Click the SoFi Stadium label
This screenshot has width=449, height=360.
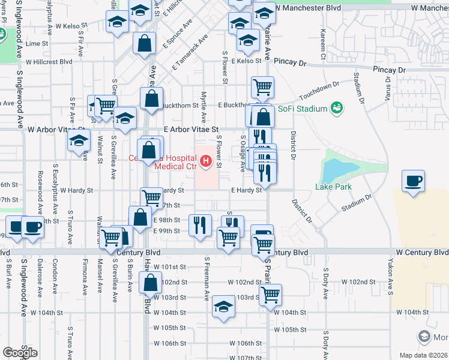303,109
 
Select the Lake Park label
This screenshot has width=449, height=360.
332,187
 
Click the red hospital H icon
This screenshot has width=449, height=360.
206,161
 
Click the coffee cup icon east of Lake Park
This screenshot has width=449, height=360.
414,182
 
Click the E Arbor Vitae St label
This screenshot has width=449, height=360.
190,129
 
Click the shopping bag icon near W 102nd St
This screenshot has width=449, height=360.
151,282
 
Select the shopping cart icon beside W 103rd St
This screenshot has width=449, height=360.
271,295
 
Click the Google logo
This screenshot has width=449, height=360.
20,353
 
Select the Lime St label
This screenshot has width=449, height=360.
37,44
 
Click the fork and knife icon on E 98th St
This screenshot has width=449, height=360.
200,224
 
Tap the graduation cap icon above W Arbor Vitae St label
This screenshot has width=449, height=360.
125,119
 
